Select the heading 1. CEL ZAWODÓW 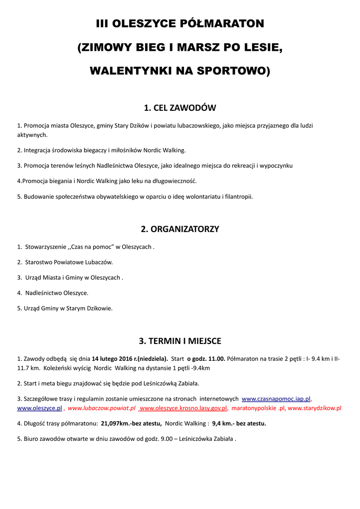(x=180, y=108)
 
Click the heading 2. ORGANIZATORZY (x=180, y=229)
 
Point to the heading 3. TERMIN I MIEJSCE (x=180, y=341)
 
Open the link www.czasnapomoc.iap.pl (x=276, y=399)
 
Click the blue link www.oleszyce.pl (x=40, y=408)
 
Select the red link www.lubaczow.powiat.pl (x=101, y=408)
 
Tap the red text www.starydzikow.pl (x=315, y=408)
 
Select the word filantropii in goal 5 (x=238, y=196)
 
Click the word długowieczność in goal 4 (x=169, y=181)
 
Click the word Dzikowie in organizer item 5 (x=99, y=308)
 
